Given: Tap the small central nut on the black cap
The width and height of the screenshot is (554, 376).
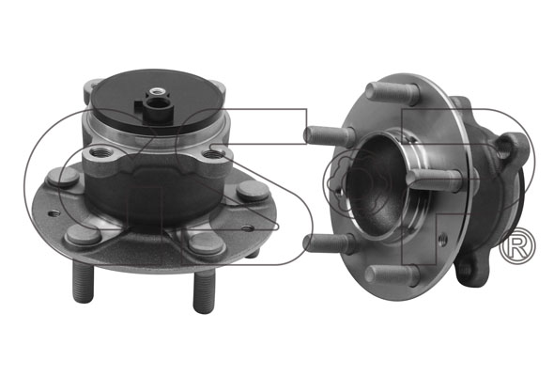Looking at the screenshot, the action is [155, 93].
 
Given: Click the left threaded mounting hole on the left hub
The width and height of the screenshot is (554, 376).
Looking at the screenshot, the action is [101, 153].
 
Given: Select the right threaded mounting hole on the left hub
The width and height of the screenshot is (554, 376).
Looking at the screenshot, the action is [214, 154].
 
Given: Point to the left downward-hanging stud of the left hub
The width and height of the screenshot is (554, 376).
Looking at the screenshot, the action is [84, 283].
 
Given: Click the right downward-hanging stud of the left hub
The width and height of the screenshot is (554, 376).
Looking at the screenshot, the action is [204, 291].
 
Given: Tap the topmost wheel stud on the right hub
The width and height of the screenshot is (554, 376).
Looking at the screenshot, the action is [392, 93].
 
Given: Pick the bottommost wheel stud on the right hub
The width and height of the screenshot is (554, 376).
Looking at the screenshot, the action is [392, 274].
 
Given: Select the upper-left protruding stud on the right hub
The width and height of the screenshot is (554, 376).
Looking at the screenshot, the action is [330, 136].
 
